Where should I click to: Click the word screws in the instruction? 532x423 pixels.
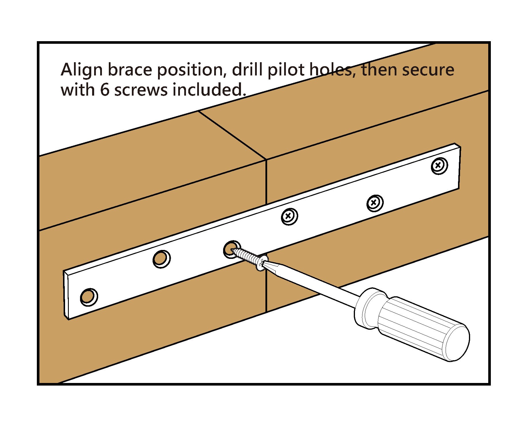pos(141,90)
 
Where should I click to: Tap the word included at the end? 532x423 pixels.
pos(209,90)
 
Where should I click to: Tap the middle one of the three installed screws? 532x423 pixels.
pos(375,203)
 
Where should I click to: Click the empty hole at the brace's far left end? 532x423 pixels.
pos(89,297)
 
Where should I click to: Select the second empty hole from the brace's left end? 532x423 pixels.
pos(161,259)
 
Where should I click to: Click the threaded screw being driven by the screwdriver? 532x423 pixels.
pos(248,257)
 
